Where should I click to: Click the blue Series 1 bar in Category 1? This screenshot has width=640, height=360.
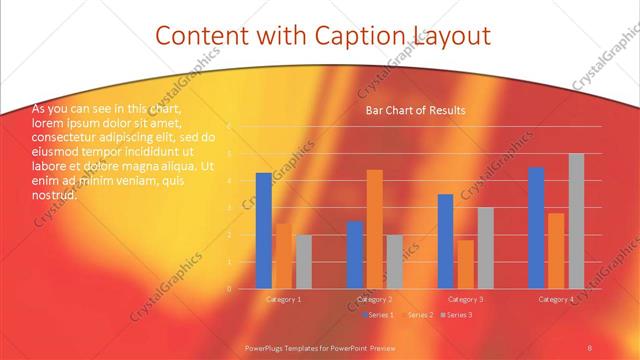click(264, 231)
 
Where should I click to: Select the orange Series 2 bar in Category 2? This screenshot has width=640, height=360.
click(374, 229)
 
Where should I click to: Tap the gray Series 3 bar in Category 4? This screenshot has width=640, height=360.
click(576, 221)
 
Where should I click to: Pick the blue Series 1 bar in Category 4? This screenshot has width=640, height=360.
click(536, 228)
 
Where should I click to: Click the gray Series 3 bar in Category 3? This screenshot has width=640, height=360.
click(485, 248)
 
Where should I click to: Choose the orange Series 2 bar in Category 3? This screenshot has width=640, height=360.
click(465, 264)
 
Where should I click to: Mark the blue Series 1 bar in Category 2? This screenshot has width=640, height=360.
click(355, 255)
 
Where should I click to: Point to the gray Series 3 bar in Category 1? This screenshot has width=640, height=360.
click(303, 262)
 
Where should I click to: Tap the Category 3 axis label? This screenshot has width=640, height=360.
click(465, 299)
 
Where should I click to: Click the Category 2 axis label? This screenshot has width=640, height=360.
click(374, 299)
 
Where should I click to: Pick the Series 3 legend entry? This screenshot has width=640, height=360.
click(458, 315)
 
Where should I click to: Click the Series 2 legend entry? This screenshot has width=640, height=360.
click(419, 315)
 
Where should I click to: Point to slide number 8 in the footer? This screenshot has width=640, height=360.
click(590, 347)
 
